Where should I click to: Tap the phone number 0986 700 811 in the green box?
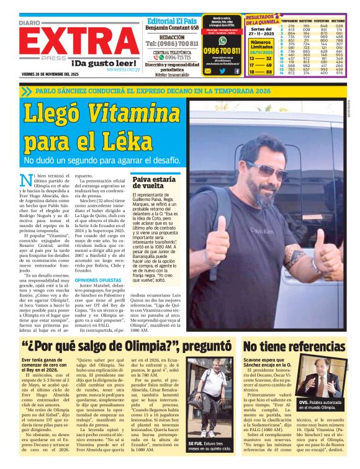222,50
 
